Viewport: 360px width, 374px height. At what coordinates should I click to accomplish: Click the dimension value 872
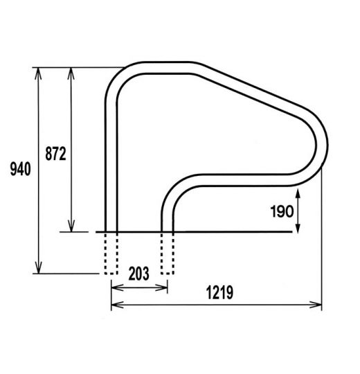[x=55, y=153]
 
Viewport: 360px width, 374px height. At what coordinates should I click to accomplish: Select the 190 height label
[x=284, y=212]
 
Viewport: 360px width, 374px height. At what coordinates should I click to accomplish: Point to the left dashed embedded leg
[x=111, y=253]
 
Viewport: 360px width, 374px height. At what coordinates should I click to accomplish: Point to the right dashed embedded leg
[x=167, y=253]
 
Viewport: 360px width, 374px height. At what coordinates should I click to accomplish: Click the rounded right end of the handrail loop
[x=323, y=149]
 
